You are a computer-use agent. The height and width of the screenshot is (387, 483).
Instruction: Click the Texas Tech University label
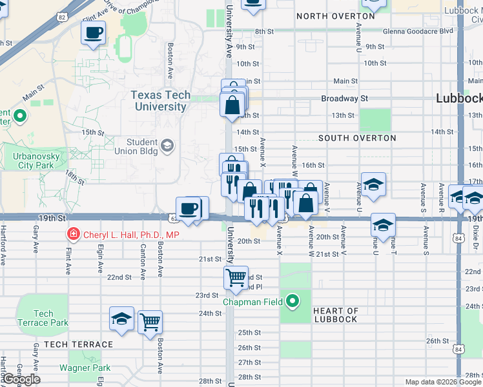(x=161, y=101)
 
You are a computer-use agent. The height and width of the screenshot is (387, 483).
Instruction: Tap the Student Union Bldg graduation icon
(x=168, y=145)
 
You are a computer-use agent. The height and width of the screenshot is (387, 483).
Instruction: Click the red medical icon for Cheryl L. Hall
(x=74, y=235)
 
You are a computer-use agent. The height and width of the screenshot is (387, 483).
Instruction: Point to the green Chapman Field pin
(x=293, y=301)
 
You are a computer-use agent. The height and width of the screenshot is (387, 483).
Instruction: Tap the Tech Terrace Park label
(x=42, y=318)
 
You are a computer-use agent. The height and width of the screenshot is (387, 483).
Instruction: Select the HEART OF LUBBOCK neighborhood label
(x=335, y=315)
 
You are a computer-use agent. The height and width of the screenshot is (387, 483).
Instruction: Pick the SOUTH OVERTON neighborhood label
(x=357, y=138)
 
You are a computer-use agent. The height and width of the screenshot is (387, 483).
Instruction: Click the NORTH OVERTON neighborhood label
(x=335, y=15)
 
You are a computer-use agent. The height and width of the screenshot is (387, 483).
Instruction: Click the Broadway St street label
(x=345, y=99)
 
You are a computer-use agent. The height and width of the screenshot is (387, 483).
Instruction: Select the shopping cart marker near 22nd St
(x=236, y=278)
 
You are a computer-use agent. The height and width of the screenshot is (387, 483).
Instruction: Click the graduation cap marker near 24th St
(x=121, y=318)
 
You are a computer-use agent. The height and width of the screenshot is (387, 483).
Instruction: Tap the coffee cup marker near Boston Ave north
(x=94, y=32)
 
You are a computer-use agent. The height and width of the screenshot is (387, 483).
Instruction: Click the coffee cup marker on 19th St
(x=189, y=209)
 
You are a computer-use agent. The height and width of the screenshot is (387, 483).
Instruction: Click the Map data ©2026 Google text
(x=443, y=382)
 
